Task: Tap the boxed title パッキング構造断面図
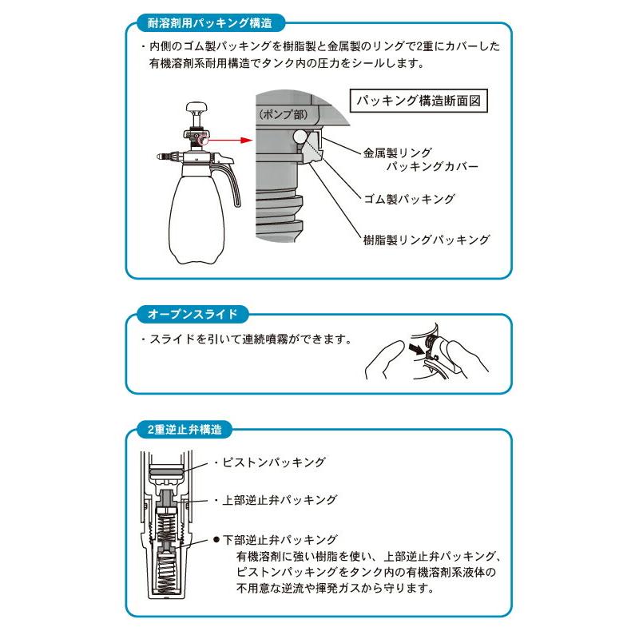coord(420,101)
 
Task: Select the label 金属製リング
coord(397,151)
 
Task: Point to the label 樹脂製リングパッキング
coord(427,239)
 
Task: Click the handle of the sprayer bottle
coord(234,184)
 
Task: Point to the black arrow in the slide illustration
coord(414,349)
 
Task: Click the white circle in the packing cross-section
coord(301,137)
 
